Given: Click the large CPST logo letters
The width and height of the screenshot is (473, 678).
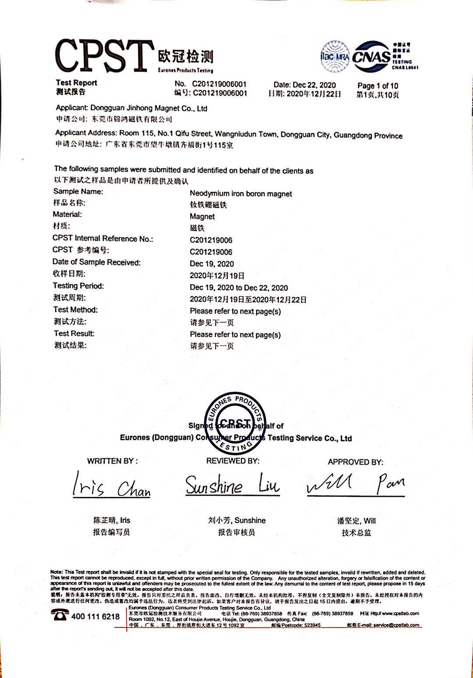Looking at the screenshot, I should point(104,56).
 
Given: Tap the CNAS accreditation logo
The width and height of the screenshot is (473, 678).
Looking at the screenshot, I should point(372,57).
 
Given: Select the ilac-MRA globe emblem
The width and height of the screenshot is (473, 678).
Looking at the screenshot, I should point(335,56).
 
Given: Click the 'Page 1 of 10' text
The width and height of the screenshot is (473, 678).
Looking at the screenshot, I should point(378,86).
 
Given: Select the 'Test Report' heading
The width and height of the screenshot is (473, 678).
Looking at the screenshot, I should point(76,83).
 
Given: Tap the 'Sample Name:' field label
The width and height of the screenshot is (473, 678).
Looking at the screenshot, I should point(78,191).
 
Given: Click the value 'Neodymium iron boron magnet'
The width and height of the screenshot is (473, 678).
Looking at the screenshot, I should point(240,194).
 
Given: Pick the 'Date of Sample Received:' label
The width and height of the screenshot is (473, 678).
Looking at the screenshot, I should point(96,262).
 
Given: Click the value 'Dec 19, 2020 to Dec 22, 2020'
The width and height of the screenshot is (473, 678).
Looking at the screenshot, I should point(239,288).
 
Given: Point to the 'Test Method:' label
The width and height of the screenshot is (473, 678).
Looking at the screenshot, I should point(75,310).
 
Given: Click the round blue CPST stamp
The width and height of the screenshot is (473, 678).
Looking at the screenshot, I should point(236,423).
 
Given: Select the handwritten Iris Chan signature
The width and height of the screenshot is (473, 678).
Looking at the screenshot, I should point(111,486).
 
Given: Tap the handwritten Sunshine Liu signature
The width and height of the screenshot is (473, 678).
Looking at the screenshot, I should point(232,485).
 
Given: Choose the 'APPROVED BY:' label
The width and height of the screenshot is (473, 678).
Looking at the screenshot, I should point(355,462).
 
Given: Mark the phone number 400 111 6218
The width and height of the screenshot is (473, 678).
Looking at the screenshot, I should point(95,617).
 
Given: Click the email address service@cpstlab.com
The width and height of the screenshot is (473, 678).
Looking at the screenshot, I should point(396,625).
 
